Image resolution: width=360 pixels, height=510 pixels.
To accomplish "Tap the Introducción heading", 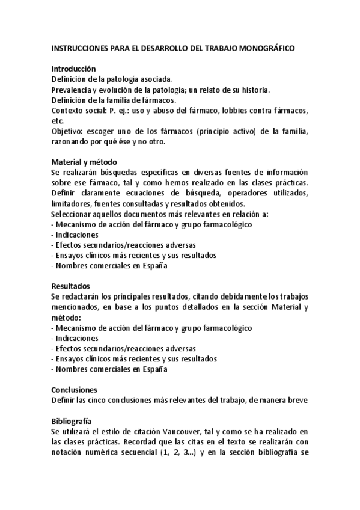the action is coord(74,69).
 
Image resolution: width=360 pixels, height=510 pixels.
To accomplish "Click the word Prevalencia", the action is coord(72,90).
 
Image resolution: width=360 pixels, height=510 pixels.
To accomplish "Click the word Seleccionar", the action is coord(73,214).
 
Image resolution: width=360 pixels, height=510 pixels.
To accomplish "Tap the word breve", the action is coord(296,399).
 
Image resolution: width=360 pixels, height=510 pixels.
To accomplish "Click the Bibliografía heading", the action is coord(72,421).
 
